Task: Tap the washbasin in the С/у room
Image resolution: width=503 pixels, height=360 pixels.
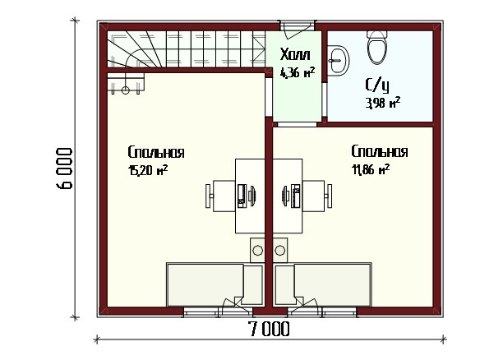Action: tap(339, 60)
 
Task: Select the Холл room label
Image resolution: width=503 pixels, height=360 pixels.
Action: tap(295, 54)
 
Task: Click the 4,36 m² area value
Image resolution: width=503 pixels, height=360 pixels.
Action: tap(298, 72)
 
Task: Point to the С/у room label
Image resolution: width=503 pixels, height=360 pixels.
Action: tap(377, 85)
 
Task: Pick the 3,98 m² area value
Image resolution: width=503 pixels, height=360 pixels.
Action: tap(383, 103)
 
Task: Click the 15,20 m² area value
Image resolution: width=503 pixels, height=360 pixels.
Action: tap(148, 170)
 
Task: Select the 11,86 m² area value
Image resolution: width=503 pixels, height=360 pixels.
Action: tap(371, 169)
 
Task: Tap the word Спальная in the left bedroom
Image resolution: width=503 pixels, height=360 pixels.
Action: tap(156, 152)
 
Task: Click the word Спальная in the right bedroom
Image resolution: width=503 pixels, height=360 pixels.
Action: tap(380, 151)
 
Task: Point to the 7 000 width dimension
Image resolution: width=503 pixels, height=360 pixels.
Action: tap(269, 329)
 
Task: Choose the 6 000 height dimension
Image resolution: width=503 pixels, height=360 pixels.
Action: tap(64, 168)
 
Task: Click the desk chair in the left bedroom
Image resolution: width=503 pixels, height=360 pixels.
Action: tap(220, 196)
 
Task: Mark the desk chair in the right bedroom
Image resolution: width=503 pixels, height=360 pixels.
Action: tap(317, 196)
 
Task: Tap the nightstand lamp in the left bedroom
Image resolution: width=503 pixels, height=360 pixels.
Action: tap(257, 250)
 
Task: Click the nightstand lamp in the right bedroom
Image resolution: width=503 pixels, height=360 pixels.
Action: tap(280, 250)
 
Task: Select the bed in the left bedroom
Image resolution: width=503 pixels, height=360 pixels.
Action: tap(215, 284)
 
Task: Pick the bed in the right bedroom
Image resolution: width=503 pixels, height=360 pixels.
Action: tap(323, 284)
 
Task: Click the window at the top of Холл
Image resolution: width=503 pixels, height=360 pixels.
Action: tap(297, 25)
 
